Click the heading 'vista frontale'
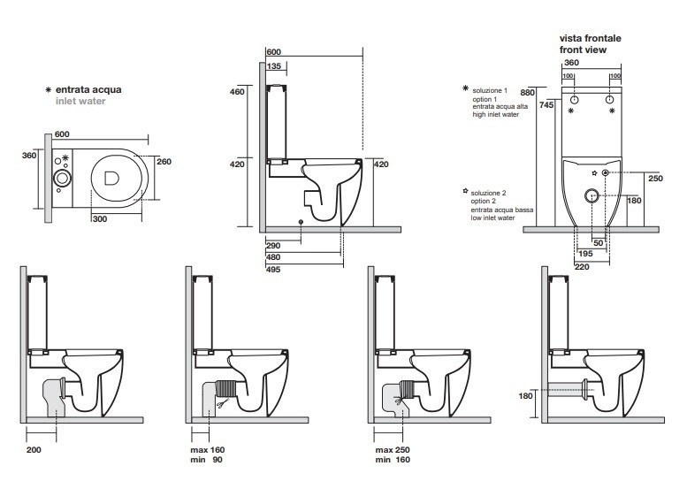tap(591, 39)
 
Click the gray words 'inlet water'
tap(80, 102)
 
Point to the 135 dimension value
tap(274, 66)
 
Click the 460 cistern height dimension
tap(238, 92)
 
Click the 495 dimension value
tap(273, 270)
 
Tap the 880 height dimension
tap(529, 93)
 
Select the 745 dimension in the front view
tap(548, 105)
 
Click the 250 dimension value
tap(655, 178)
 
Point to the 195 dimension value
tap(587, 253)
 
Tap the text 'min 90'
tap(211, 460)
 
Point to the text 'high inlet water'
tap(495, 115)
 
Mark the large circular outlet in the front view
tap(591, 195)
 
